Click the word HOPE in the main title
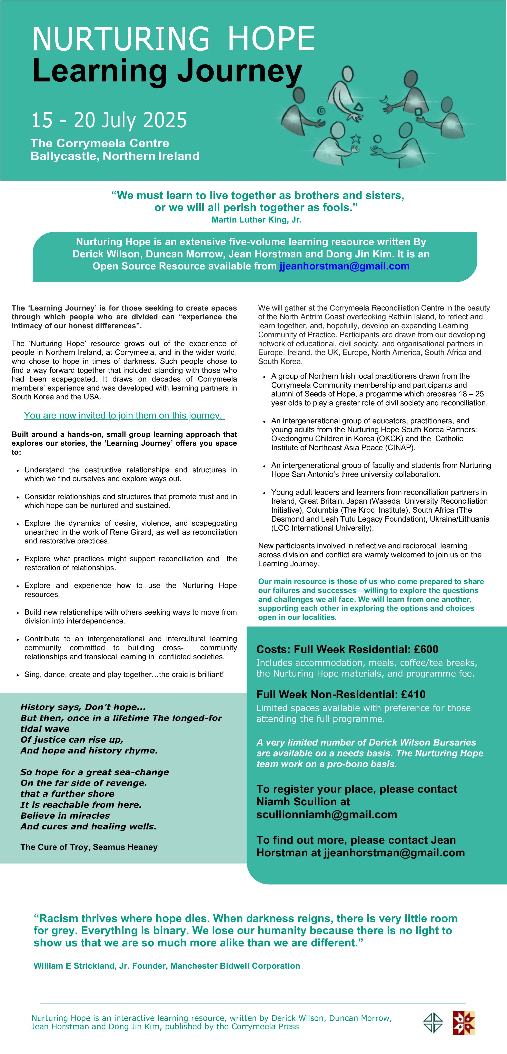[271, 38]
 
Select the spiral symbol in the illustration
[321, 110]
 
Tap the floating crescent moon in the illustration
[384, 99]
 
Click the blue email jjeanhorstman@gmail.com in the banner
[344, 266]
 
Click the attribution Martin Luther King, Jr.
[257, 220]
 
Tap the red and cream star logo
[464, 1023]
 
